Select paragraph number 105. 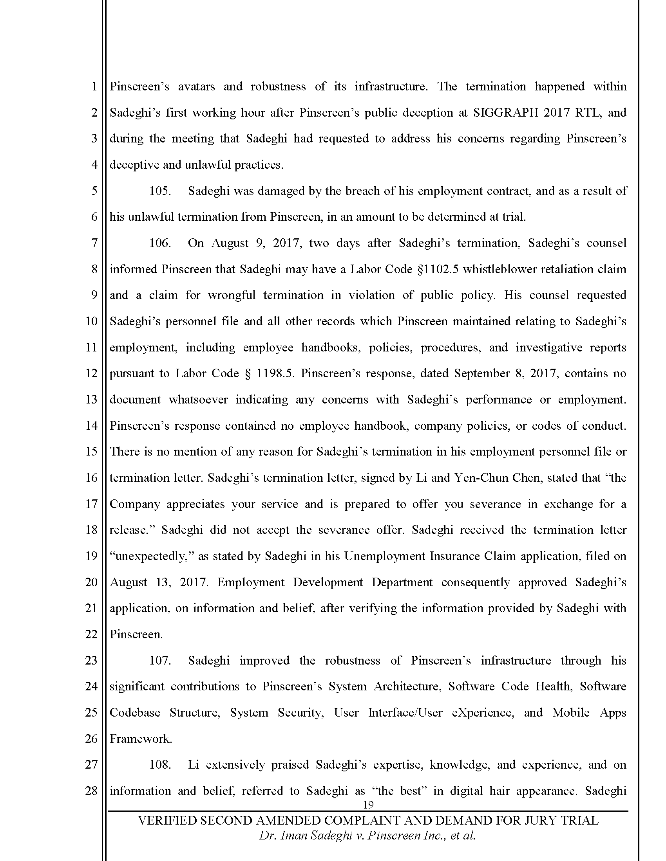(159, 191)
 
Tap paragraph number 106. (159, 243)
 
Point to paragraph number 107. (159, 660)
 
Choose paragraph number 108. (159, 765)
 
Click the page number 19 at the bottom (368, 805)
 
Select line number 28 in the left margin (91, 791)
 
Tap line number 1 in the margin (94, 86)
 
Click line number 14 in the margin (91, 426)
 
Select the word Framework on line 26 (141, 739)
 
